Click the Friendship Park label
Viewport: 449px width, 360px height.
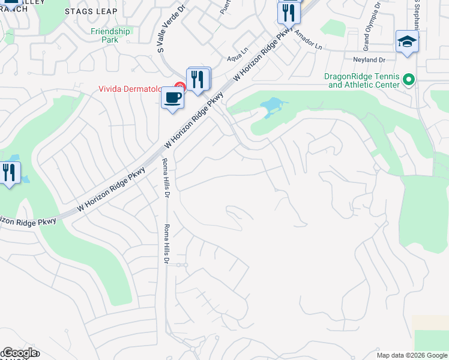[110, 35]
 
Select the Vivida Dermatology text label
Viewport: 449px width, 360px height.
[130, 89]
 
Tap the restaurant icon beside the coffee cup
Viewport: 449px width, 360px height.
[199, 78]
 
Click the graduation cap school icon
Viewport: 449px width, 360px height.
[407, 41]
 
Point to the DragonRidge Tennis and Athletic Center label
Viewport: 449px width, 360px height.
[362, 80]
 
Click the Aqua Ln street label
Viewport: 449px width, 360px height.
[238, 58]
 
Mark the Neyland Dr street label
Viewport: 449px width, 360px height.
[369, 60]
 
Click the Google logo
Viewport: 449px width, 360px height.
[19, 353]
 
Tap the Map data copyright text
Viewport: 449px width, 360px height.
[411, 355]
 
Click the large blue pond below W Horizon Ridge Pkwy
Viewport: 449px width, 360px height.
[271, 107]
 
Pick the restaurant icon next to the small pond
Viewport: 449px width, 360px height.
[10, 173]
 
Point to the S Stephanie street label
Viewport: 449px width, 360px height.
[416, 15]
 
